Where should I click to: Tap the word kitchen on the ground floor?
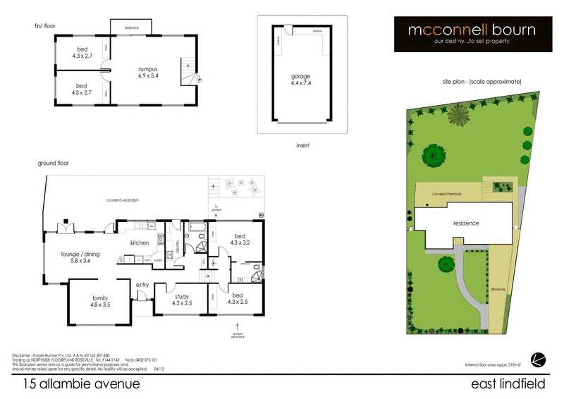[x=140, y=243]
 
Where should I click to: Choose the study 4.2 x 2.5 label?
[x=183, y=301]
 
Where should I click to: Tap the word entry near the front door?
[x=142, y=285]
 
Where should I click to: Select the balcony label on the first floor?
[x=132, y=27]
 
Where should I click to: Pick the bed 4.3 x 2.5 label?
[x=239, y=297]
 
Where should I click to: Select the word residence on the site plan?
[x=465, y=223]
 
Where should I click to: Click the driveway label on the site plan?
[x=500, y=289]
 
